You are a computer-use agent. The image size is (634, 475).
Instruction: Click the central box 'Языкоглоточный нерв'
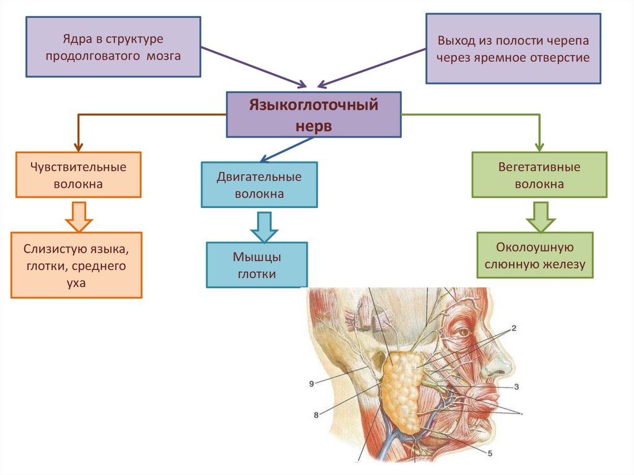[x=313, y=115]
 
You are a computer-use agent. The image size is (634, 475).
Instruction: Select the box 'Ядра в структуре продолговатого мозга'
[x=113, y=47]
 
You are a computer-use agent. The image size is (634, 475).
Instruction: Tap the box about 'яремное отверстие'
[x=513, y=49]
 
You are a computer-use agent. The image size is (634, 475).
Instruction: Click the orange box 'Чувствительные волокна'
[x=79, y=175]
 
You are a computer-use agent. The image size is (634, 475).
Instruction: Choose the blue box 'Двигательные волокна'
[x=259, y=185]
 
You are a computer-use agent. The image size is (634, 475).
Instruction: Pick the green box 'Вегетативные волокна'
[x=539, y=175]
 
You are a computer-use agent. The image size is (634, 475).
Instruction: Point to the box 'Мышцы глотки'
[x=257, y=265]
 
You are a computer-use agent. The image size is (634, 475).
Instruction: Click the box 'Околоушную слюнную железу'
[x=535, y=255]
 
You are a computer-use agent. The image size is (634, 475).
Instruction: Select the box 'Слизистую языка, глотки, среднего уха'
[x=77, y=265]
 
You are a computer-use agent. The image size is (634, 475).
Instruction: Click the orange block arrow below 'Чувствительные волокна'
[x=79, y=214]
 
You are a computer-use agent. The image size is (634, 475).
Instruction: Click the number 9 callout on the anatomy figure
[x=311, y=384]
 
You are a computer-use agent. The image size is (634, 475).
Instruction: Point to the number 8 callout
[x=316, y=415]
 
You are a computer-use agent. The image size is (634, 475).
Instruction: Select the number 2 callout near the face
[x=513, y=328]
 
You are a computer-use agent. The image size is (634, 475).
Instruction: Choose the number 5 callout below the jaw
[x=490, y=453]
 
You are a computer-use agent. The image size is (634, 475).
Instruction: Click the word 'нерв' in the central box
[x=314, y=126]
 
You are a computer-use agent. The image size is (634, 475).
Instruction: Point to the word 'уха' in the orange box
[x=77, y=282]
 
